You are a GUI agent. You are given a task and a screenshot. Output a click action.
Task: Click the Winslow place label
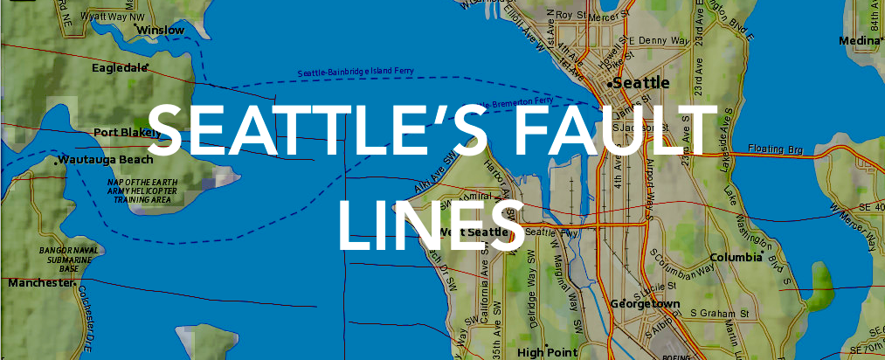tap(162, 31)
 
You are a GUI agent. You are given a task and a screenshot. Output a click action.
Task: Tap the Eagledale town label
tap(121, 66)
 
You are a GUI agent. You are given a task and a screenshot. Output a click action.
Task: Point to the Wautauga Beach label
tap(106, 159)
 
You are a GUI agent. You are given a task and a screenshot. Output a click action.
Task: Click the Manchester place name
tap(40, 283)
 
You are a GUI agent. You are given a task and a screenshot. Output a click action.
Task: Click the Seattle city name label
tap(641, 83)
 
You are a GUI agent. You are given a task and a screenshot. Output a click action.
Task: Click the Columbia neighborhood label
tap(736, 258)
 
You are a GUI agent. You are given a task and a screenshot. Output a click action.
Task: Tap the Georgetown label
tap(646, 304)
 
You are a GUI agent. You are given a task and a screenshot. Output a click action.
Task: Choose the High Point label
tap(543, 352)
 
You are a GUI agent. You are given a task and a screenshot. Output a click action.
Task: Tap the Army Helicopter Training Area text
tap(142, 190)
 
